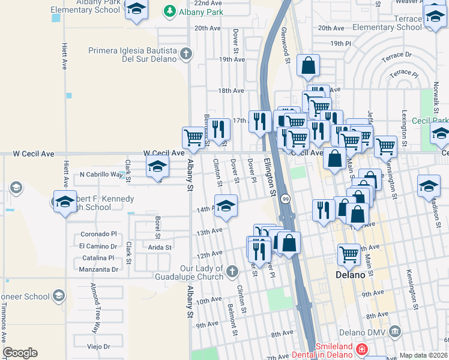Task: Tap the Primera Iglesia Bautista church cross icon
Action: (x=186, y=54)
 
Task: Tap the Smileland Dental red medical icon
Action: (x=361, y=349)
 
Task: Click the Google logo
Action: (x=20, y=353)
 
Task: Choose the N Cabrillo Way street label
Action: (x=99, y=175)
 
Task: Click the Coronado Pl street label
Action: (x=97, y=235)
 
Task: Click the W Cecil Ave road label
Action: (x=163, y=154)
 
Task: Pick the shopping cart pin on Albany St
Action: (x=193, y=137)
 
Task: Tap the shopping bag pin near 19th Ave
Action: (x=308, y=65)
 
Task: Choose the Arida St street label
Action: (x=160, y=247)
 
